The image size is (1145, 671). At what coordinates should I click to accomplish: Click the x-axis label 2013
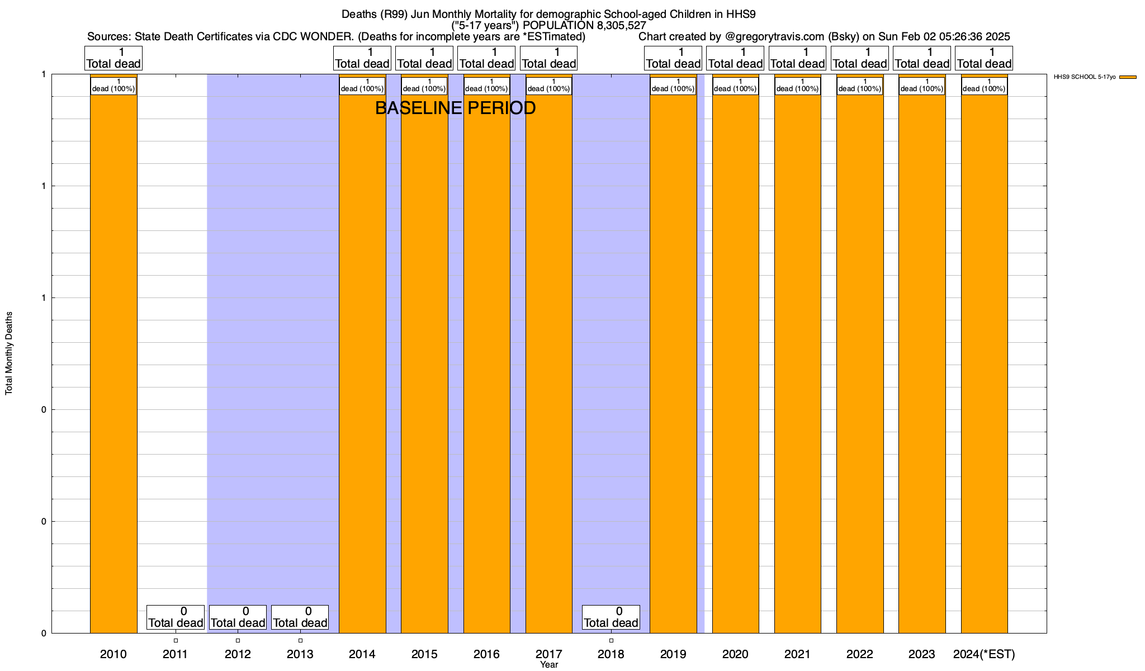[x=300, y=654]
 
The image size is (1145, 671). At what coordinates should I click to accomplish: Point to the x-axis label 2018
[x=611, y=654]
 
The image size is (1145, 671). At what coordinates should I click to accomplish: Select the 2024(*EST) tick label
[x=984, y=654]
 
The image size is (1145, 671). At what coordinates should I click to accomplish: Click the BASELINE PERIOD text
[x=455, y=108]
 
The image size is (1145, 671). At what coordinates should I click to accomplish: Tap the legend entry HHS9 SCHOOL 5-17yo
[x=1084, y=77]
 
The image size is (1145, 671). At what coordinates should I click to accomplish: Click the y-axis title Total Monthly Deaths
[x=9, y=353]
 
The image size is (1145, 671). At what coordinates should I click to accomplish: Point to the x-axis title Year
[x=549, y=665]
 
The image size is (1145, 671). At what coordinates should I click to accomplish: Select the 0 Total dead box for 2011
[x=176, y=617]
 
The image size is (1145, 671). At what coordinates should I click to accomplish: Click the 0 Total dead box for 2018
[x=611, y=617]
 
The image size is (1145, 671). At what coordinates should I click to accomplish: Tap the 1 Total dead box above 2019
[x=673, y=58]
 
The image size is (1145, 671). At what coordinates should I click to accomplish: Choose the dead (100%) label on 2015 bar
[x=424, y=86]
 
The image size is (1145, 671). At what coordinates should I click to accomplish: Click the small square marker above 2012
[x=238, y=640]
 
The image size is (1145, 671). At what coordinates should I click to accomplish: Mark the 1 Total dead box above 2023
[x=922, y=58]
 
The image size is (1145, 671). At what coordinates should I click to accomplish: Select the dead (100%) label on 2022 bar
[x=860, y=86]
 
